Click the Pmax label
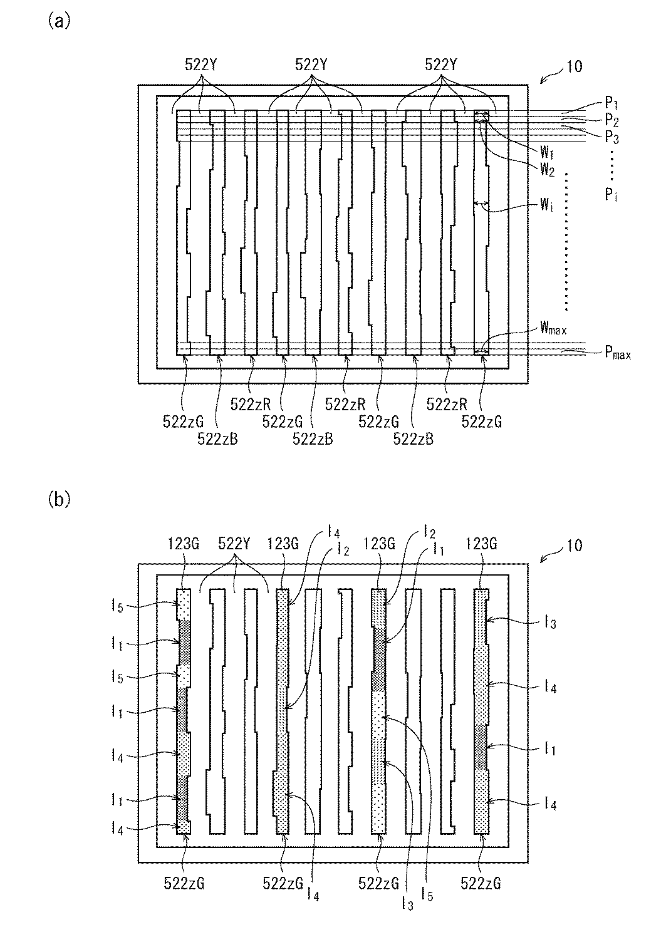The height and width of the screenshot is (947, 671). (617, 354)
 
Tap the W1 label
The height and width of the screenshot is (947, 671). (547, 152)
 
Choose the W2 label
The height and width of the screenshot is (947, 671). (547, 167)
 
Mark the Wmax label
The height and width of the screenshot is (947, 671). (553, 328)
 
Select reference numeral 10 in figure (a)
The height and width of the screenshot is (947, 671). (573, 66)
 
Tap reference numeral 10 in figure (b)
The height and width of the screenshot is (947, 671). (573, 546)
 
